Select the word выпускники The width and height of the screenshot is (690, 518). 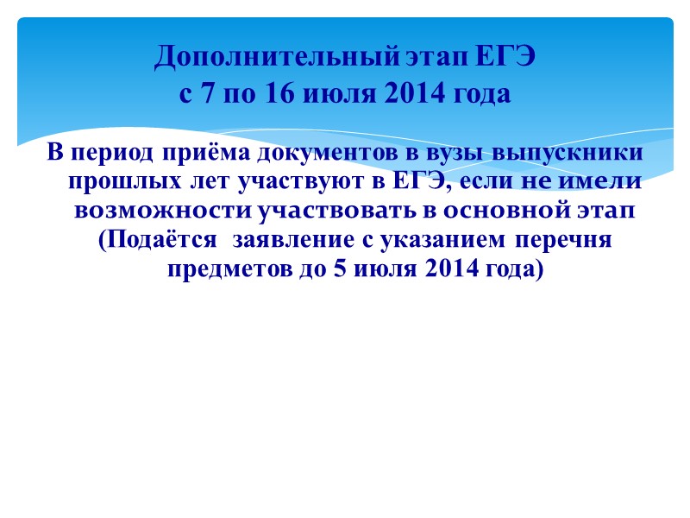568,153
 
